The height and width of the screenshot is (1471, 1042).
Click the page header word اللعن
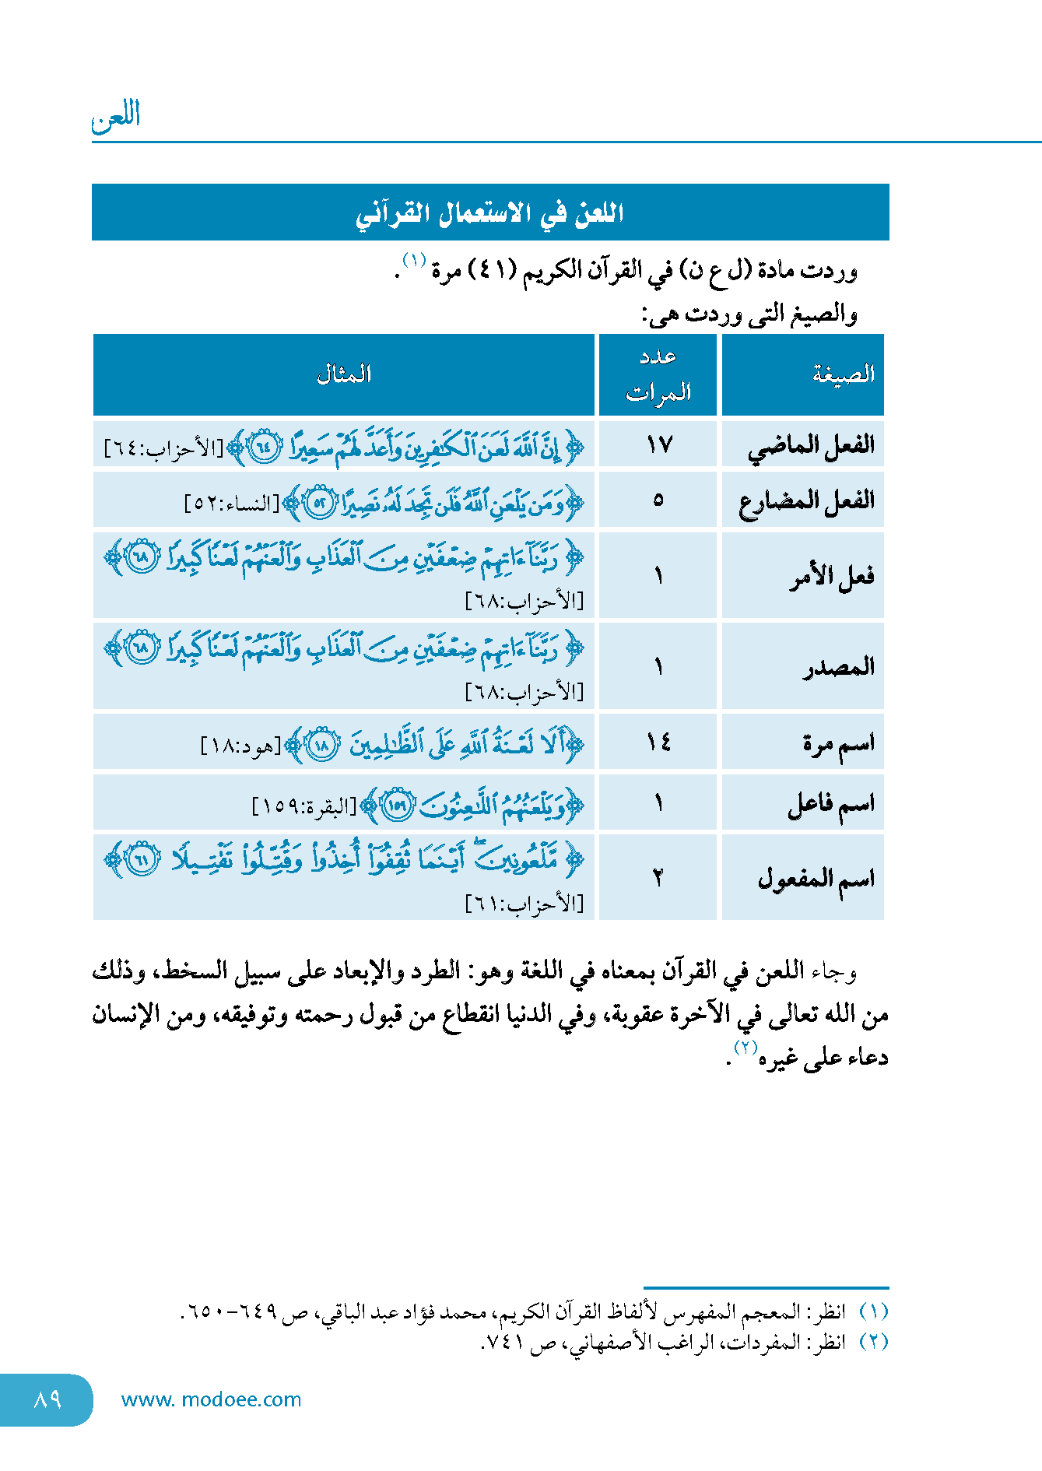coord(117,117)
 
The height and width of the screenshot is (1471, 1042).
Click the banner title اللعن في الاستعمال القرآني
coord(490,212)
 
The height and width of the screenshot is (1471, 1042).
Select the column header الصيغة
coord(844,374)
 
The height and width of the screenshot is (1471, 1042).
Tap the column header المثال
coord(344,374)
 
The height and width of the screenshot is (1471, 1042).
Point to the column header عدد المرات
coord(658,374)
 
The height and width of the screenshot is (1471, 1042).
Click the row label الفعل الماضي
coord(812,446)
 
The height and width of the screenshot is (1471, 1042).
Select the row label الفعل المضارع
coord(807,500)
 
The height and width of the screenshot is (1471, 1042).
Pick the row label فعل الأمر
coord(832,577)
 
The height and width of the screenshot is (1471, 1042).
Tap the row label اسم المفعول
coord(816,879)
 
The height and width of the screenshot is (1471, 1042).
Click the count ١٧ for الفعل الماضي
coord(658,445)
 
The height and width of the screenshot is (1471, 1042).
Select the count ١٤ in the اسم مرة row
coord(658,743)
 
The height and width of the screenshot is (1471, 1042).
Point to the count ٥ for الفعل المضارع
coord(658,500)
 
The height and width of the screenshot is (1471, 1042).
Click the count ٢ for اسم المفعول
coord(658,878)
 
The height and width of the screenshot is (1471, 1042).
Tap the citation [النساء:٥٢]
coord(232,504)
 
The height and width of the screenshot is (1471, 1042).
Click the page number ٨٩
coord(47,1399)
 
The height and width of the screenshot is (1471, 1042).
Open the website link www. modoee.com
coord(211,1399)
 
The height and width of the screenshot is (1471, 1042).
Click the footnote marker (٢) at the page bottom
coord(873,1342)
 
